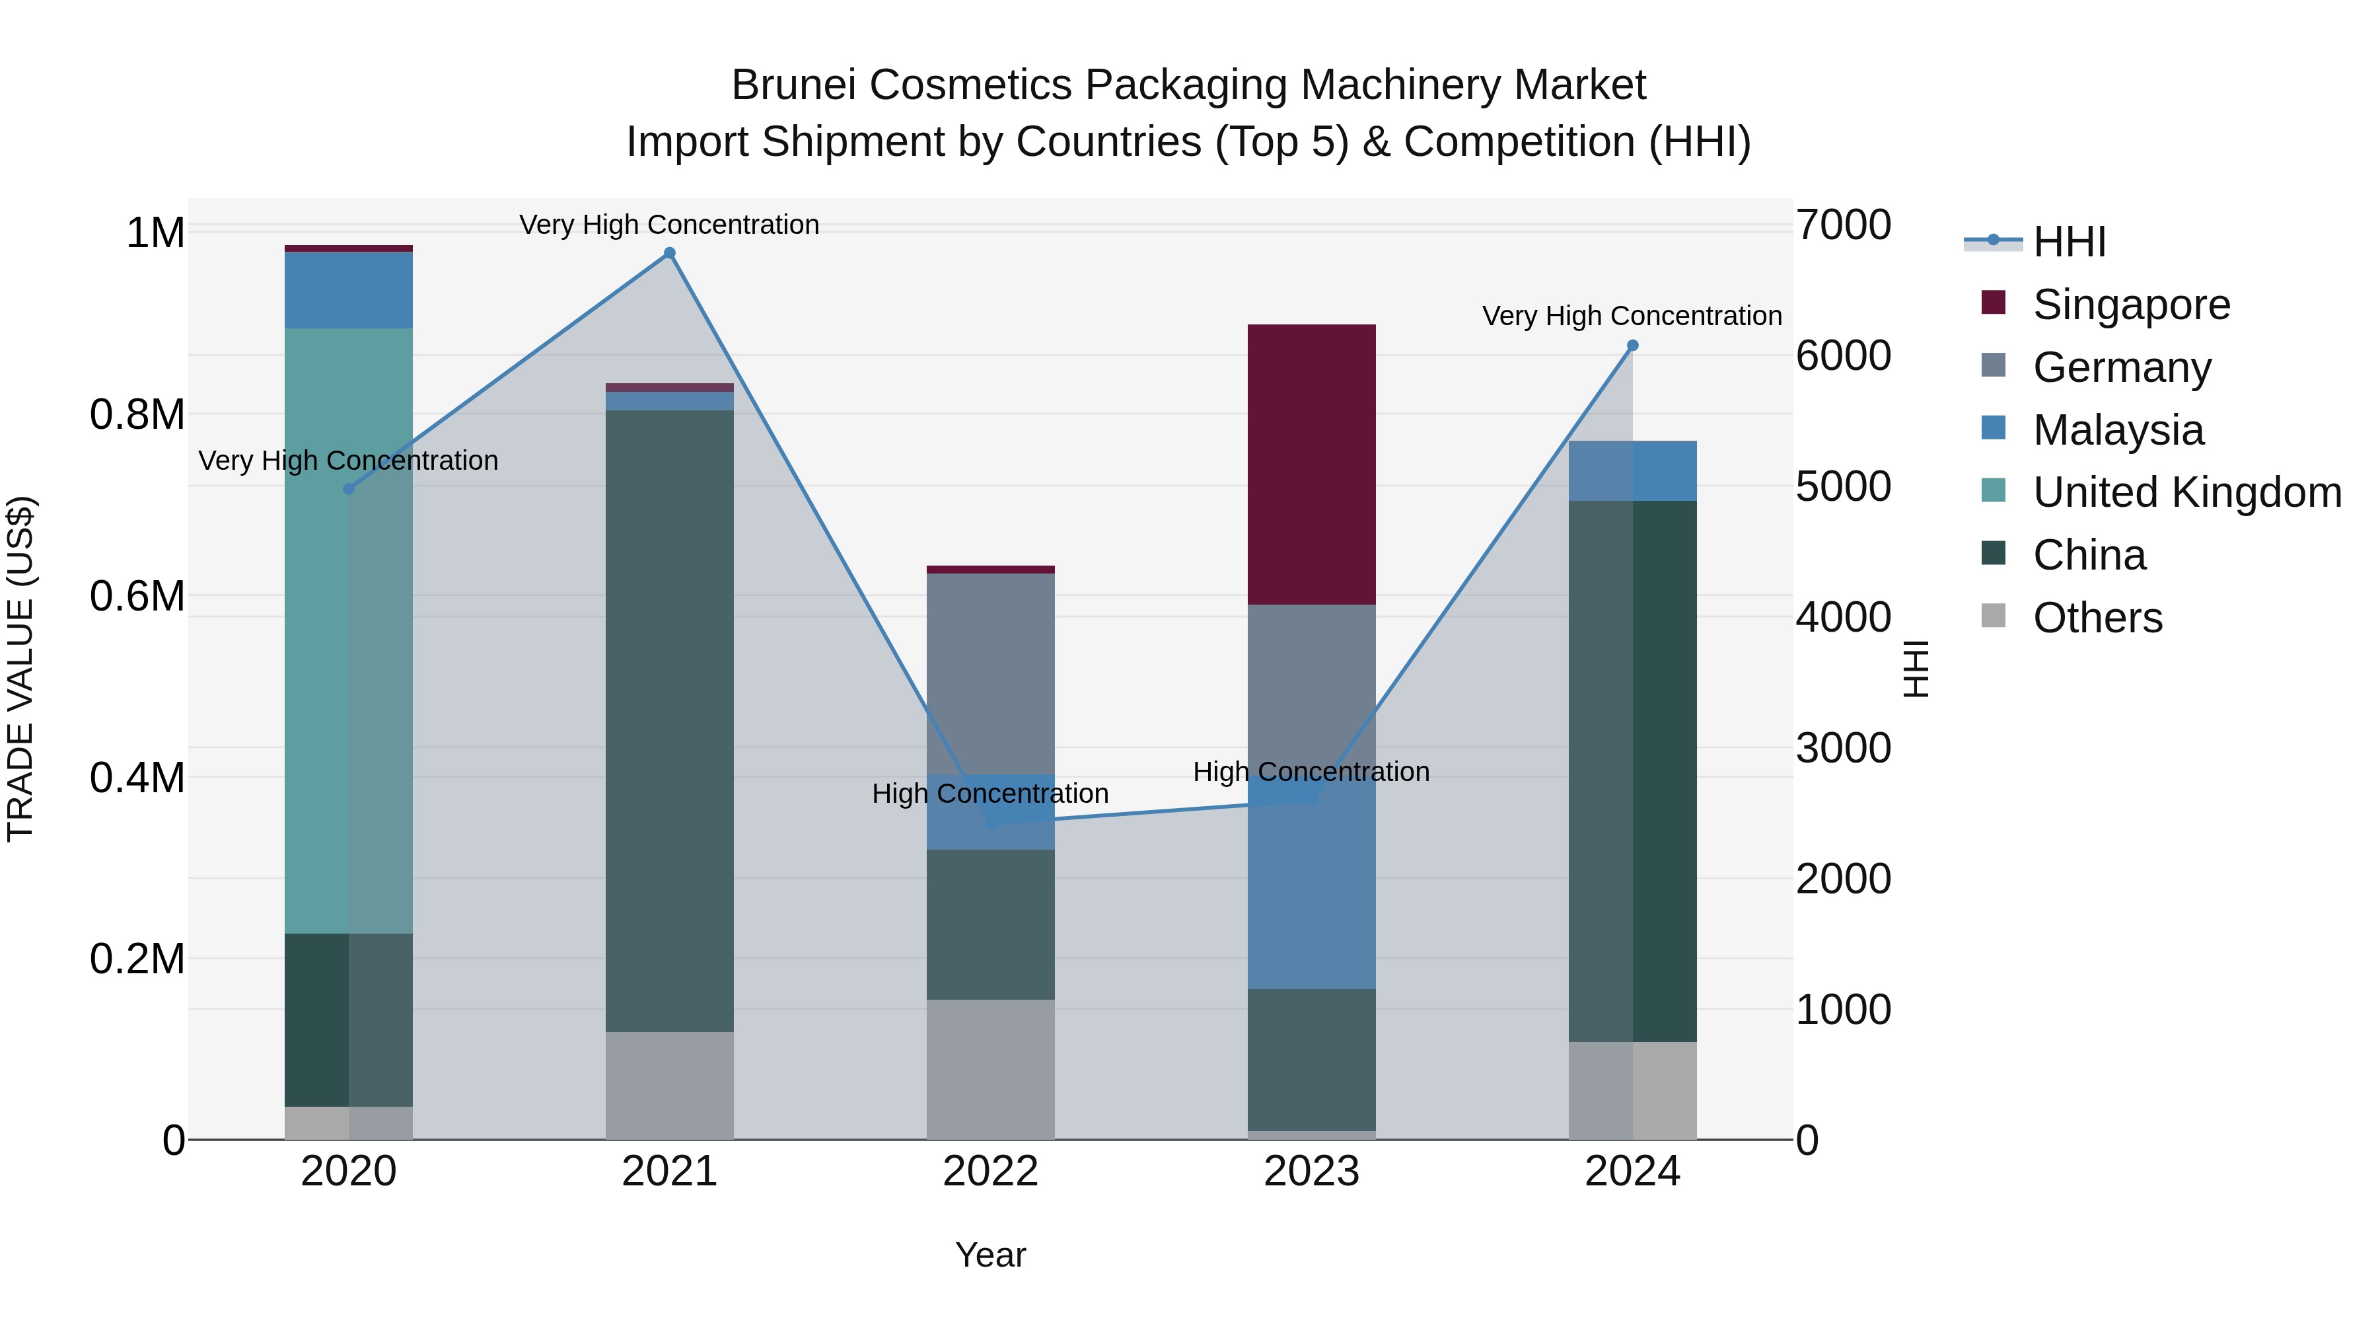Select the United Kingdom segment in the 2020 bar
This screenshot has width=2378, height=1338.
tap(348, 631)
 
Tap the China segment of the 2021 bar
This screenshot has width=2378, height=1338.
tap(669, 720)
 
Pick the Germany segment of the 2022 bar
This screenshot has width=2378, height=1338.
tap(991, 674)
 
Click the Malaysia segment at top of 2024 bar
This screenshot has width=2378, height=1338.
tap(1632, 471)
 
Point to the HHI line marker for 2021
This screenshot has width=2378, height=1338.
tap(669, 253)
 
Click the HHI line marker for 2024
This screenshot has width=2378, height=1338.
tap(1632, 346)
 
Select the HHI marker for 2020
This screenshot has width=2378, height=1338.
tap(348, 488)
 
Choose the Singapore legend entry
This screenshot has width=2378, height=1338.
tap(2130, 305)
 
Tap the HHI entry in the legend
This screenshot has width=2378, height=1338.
tap(2069, 242)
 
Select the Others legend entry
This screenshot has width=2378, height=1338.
tap(2097, 618)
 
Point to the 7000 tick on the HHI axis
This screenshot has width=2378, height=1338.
tap(1842, 225)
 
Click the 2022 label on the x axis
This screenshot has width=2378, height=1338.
tap(991, 1171)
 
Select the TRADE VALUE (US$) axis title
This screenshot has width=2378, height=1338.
tap(20, 669)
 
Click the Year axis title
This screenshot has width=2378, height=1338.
tap(991, 1255)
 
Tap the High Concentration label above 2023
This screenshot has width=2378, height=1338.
tap(1311, 771)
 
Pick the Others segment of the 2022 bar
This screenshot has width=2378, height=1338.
tap(991, 1068)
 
